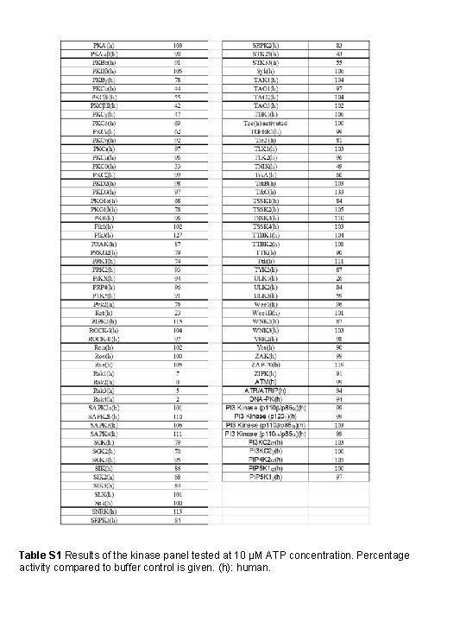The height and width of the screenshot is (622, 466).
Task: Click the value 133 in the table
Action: click(339, 192)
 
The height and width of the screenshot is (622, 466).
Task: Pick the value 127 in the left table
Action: click(177, 235)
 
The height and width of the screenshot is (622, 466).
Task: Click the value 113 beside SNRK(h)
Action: click(177, 512)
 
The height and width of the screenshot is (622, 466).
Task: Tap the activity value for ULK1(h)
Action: click(339, 279)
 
